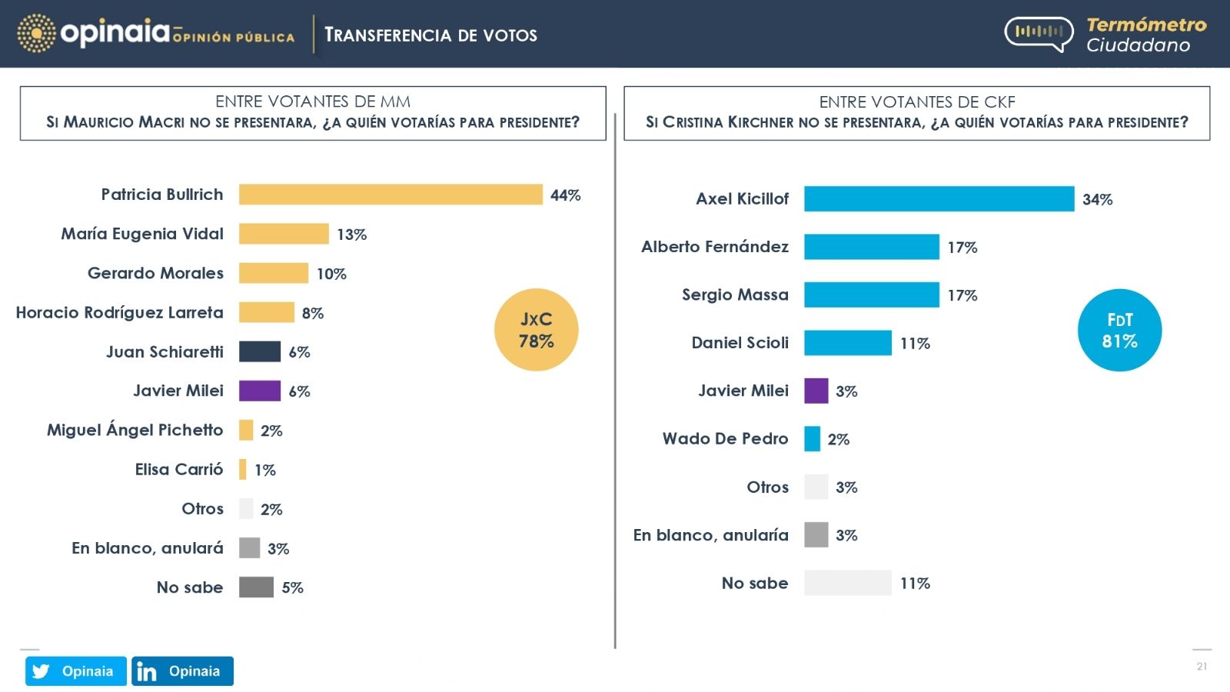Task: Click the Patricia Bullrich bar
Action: (x=391, y=195)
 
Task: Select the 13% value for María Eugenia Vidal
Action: (x=351, y=235)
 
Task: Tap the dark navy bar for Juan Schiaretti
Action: (x=260, y=351)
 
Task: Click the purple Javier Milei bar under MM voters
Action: (x=260, y=391)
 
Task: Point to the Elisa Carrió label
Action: (x=179, y=469)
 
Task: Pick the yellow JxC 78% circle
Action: (x=536, y=330)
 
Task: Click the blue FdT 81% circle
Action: (x=1119, y=331)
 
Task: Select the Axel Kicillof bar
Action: (x=939, y=198)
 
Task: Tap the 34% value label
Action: (x=1097, y=200)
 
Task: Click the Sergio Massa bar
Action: (x=871, y=294)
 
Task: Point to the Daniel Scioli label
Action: (x=740, y=343)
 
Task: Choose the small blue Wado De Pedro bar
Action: (x=812, y=439)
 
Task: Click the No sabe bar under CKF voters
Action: (x=847, y=583)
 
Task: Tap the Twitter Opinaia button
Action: (x=75, y=671)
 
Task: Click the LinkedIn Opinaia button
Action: (x=182, y=671)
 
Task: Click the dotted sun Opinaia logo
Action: (x=36, y=34)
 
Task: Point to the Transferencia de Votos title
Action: (x=430, y=35)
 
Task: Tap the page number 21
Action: (x=1202, y=667)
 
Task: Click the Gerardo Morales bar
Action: (x=274, y=273)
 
